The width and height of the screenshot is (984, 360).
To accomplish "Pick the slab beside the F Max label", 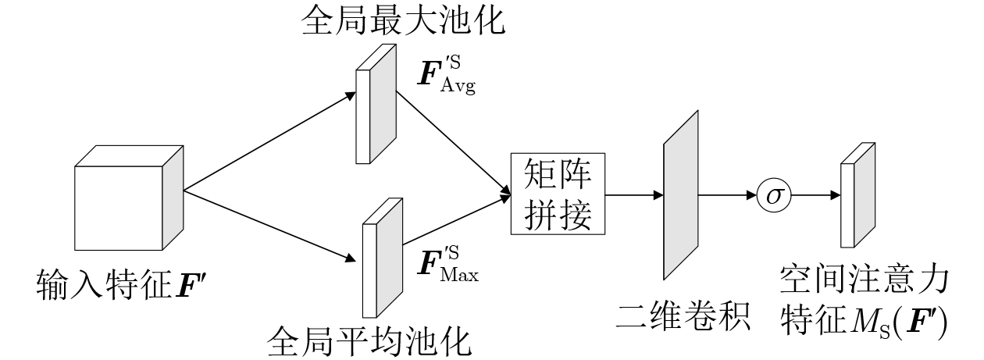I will coord(381,257).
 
